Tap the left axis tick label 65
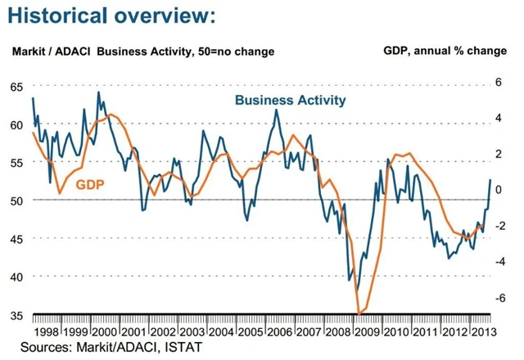click(x=17, y=87)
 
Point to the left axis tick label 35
click(x=17, y=314)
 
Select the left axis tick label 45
click(x=17, y=238)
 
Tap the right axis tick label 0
click(x=497, y=190)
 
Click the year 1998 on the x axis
click(x=47, y=333)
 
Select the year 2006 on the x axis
click(x=275, y=333)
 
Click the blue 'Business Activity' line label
click(x=290, y=101)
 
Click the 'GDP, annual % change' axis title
click(x=445, y=51)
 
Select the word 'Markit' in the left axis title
click(x=29, y=51)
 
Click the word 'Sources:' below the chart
click(x=45, y=349)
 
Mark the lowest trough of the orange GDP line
click(x=359, y=313)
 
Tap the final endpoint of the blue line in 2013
click(x=491, y=179)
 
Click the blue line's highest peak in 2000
click(x=98, y=92)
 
